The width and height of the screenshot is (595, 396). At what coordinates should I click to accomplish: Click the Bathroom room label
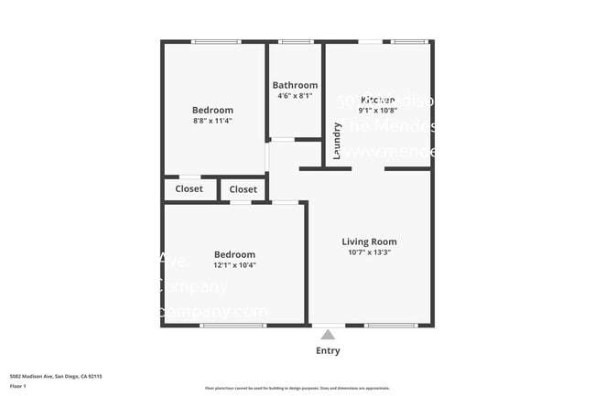click(295, 85)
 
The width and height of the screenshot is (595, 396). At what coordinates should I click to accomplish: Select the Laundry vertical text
click(337, 141)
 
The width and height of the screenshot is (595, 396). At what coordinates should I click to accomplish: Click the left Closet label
click(189, 189)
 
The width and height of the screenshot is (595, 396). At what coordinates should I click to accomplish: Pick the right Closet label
click(243, 189)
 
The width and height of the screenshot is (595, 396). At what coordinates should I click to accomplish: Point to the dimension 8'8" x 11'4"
click(212, 121)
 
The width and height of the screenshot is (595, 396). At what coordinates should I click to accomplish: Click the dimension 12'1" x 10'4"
click(234, 265)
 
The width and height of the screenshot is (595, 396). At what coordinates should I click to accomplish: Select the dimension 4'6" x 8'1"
click(295, 96)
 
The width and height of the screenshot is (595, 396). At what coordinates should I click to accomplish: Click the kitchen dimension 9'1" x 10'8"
click(377, 111)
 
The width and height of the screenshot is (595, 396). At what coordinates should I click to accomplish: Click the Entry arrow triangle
click(328, 335)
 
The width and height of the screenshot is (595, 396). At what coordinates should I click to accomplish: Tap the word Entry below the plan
click(328, 350)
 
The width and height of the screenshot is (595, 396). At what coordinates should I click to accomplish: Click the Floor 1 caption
click(19, 386)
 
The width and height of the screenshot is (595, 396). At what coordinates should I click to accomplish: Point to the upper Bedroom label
click(212, 110)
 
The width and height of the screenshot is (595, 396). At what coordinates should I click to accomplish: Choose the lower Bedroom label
click(234, 254)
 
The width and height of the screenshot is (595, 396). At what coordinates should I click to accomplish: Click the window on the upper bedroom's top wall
click(216, 41)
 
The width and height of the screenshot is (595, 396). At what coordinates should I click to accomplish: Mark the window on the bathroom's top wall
click(295, 41)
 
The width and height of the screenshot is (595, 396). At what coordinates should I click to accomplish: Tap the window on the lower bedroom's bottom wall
click(233, 326)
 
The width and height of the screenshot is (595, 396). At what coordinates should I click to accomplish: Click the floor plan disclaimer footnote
click(297, 388)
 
